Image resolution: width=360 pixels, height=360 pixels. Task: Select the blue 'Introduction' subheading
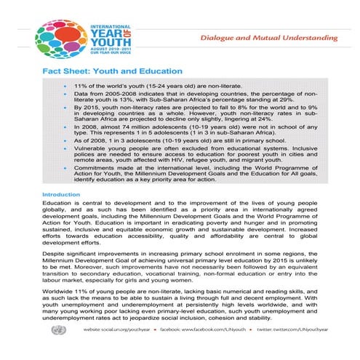tap(60, 195)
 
